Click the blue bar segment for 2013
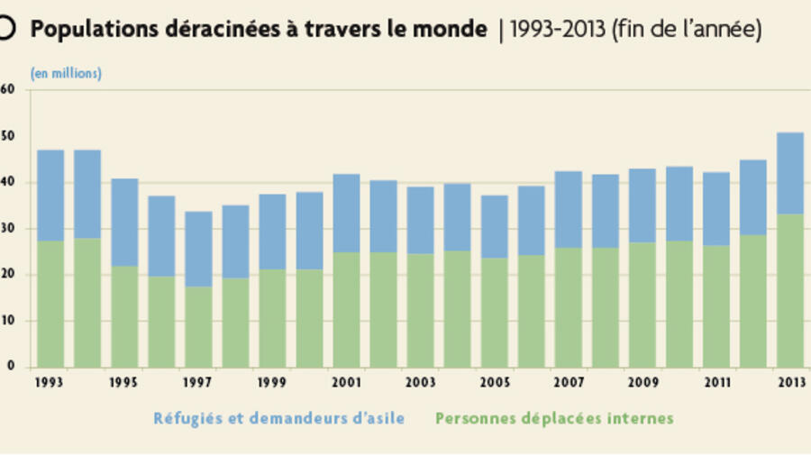click(x=789, y=173)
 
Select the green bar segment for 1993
click(x=50, y=304)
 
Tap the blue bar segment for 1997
click(x=199, y=249)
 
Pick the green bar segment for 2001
click(x=346, y=309)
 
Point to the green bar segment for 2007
click(x=568, y=307)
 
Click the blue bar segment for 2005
click(x=494, y=227)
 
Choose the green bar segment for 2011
click(x=715, y=305)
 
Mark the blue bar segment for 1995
click(x=124, y=223)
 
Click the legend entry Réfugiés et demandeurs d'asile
click(x=278, y=418)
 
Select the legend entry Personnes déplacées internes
click(x=554, y=418)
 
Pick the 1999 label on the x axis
click(x=272, y=382)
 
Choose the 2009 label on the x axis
click(x=642, y=382)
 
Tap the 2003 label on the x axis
click(x=420, y=382)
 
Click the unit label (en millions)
click(x=66, y=74)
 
